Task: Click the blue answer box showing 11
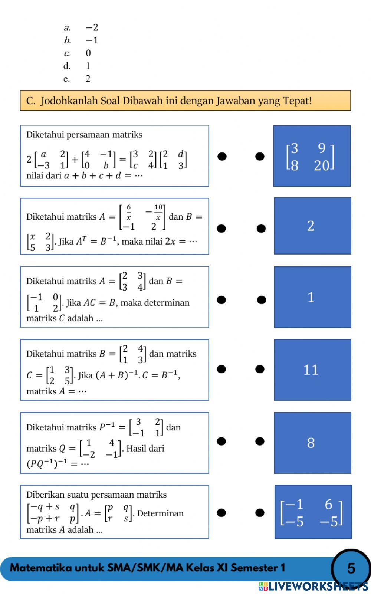coord(312,370)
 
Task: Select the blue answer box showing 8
coord(312,442)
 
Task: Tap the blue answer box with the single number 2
coord(312,226)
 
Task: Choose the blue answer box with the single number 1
coord(312,297)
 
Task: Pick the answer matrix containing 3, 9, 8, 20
coord(311,156)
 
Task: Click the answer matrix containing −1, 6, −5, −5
coord(312,512)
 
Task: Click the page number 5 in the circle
coord(351,568)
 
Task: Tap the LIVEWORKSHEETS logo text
coord(313,586)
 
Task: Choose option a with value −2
coord(80,27)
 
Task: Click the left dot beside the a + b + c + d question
coord(222,156)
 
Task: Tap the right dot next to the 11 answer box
coord(260,369)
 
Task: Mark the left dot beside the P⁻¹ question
coord(221,441)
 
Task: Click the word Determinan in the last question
coord(160,513)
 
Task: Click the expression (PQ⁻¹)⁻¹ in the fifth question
coord(47,463)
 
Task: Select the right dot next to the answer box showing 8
coord(260,441)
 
